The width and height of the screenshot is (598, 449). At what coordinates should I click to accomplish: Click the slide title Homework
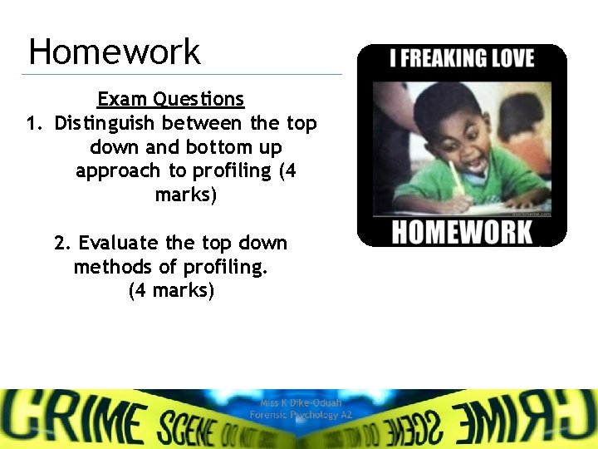(x=114, y=52)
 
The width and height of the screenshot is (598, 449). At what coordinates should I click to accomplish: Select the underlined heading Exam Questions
(x=170, y=99)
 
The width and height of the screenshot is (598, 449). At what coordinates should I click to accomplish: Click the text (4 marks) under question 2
(x=171, y=291)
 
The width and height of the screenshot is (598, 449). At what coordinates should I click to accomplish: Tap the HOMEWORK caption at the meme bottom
(x=462, y=231)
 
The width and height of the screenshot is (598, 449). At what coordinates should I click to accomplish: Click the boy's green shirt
(x=415, y=187)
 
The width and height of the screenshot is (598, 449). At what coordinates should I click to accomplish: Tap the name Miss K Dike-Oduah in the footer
(x=301, y=402)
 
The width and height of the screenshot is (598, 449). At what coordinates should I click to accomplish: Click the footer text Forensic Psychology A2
(x=301, y=414)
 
